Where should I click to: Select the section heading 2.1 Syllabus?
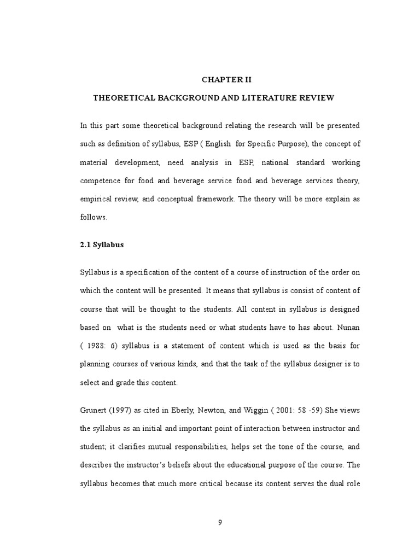[102, 244]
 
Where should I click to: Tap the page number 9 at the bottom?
[220, 522]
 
